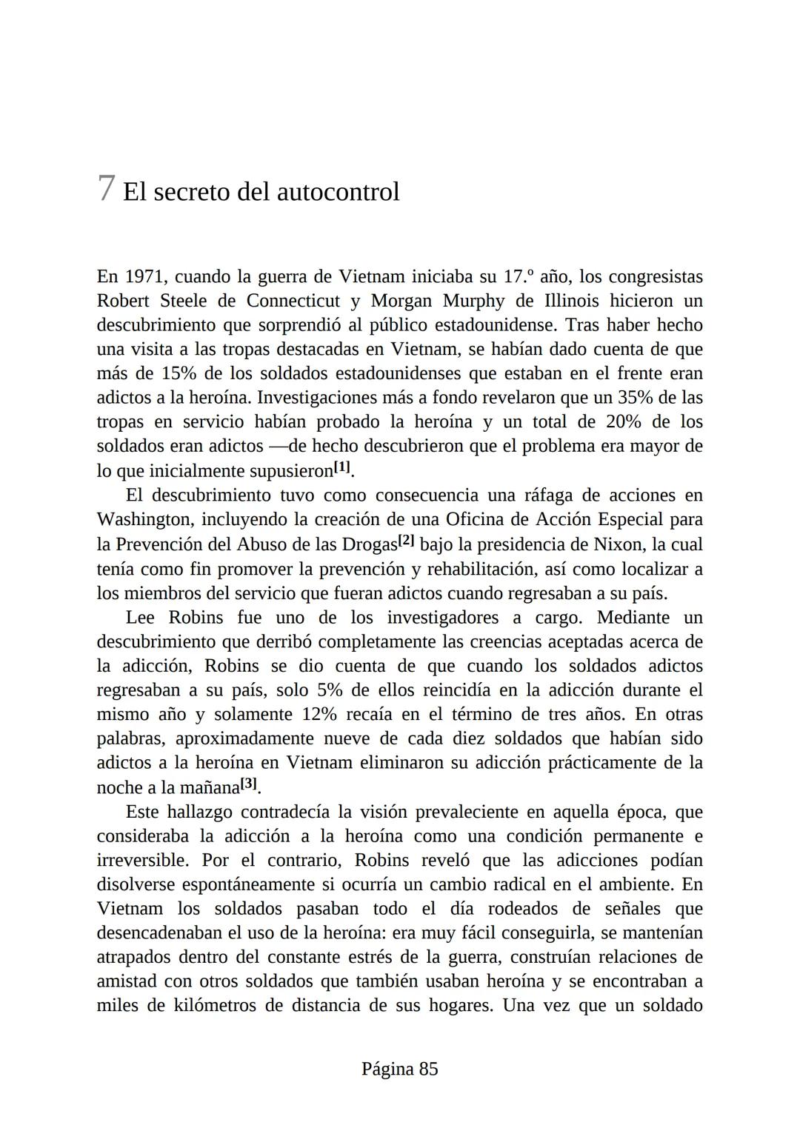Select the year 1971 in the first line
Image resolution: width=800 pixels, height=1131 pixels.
(x=144, y=277)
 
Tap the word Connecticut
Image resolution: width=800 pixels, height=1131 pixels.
(x=293, y=301)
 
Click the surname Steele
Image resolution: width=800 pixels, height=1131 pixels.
(x=183, y=301)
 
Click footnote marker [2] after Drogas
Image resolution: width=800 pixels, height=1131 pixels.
(x=406, y=541)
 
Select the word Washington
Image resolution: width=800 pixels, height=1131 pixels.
(x=144, y=519)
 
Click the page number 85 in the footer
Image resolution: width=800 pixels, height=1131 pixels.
(x=428, y=1069)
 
